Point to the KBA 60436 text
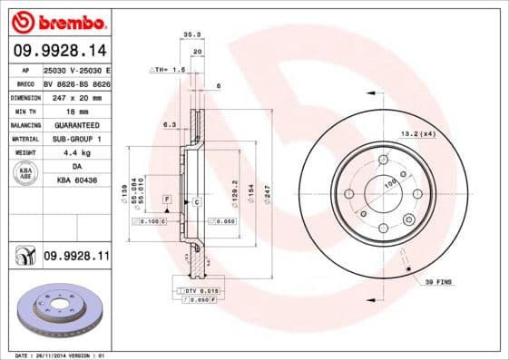point(75,181)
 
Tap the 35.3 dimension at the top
point(191,34)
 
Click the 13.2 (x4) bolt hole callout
point(417,133)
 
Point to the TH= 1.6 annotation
point(169,69)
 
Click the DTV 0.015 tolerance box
point(197,289)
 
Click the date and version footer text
point(54,355)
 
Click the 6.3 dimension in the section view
point(168,123)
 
